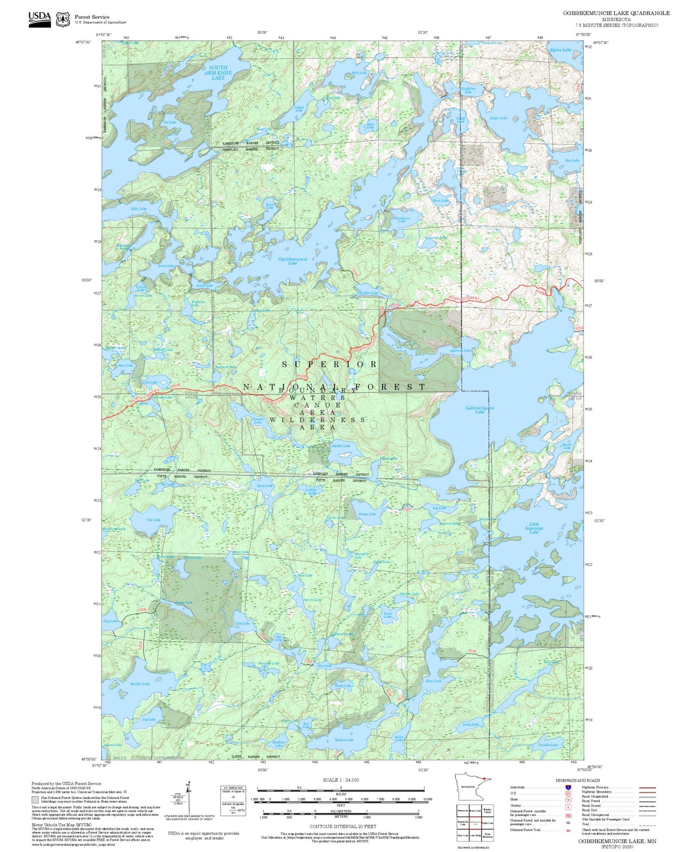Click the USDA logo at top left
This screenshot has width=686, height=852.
pos(39,19)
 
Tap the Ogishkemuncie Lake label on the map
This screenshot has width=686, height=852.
pos(292,261)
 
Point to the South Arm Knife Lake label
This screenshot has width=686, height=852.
pos(218,73)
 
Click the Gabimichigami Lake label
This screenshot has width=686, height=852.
pos(479,409)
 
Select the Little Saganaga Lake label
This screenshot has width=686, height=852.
pos(534,528)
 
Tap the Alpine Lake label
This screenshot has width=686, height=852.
pos(560,50)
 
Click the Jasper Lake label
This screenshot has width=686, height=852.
pos(498,118)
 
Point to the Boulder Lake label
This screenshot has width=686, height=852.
pos(140,684)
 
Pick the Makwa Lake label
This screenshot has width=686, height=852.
pos(344,740)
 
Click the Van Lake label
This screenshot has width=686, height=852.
pos(154,520)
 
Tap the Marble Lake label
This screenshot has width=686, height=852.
pos(340,446)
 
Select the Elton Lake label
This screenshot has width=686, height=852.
pos(433,681)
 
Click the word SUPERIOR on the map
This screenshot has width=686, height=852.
pos(330,364)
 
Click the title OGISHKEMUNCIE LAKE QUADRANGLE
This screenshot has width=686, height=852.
pos(616,13)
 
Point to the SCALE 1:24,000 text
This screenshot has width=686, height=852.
pos(340,780)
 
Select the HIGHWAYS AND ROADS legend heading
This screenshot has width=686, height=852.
pos(577,780)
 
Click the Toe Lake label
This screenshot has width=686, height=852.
pos(169,122)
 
